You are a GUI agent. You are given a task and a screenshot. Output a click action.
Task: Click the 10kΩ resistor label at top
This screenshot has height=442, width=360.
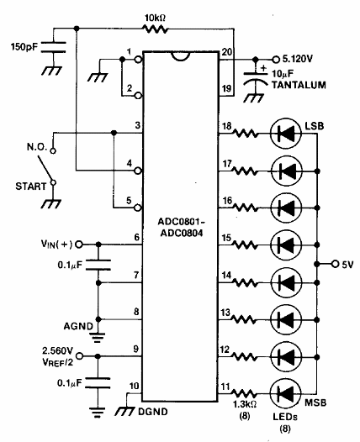click(x=155, y=18)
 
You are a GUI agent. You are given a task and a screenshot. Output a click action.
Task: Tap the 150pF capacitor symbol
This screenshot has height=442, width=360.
click(x=54, y=47)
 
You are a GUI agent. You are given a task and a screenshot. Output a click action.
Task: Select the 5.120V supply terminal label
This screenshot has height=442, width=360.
click(x=298, y=59)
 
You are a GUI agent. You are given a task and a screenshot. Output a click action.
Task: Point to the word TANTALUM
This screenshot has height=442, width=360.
click(x=299, y=85)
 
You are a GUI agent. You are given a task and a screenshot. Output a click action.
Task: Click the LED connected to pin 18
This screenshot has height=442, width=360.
click(x=286, y=134)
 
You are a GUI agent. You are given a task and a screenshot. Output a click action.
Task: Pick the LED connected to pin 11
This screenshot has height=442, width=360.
click(x=286, y=393)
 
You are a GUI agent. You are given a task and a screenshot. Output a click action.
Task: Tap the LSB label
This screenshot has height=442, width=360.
click(x=315, y=126)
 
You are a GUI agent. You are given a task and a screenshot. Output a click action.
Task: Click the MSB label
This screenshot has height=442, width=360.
click(x=315, y=403)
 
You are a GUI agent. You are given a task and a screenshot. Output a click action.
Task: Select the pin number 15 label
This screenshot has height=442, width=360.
click(x=226, y=238)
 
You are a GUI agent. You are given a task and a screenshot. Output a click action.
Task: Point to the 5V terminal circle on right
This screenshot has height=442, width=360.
click(x=335, y=264)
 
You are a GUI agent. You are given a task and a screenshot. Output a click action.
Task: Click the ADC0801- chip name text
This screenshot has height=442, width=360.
click(x=181, y=222)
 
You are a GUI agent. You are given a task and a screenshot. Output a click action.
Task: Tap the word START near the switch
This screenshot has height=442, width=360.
click(x=30, y=187)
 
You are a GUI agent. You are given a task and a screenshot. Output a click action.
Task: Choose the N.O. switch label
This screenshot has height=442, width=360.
click(x=37, y=147)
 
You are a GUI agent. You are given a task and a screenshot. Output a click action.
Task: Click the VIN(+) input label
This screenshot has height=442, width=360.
click(x=57, y=244)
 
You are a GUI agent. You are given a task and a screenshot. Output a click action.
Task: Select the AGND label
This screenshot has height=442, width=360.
click(x=78, y=326)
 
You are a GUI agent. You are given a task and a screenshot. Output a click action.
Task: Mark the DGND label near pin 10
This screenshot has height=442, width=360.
click(x=153, y=412)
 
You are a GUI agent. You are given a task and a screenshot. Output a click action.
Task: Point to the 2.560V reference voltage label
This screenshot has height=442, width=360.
click(x=57, y=351)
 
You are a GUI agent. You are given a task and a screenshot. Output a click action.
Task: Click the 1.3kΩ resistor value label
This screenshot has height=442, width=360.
click(x=245, y=404)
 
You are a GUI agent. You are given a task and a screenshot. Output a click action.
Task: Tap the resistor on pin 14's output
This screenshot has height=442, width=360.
click(x=245, y=282)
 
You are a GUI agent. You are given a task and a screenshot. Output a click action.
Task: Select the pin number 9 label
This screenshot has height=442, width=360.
click(x=136, y=349)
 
